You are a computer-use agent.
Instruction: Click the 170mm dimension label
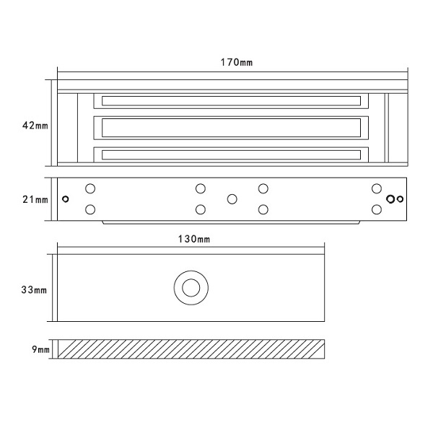(x=237, y=62)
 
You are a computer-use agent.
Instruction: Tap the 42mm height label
(x=35, y=126)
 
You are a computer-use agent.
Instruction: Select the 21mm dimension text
(x=35, y=199)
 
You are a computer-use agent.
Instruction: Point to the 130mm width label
(x=194, y=239)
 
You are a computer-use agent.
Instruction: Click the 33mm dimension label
(x=34, y=290)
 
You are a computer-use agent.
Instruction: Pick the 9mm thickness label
(x=40, y=349)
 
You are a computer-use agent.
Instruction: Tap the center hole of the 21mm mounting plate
(x=232, y=199)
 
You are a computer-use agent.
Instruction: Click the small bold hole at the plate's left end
(x=66, y=199)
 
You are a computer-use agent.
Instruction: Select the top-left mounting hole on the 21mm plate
(x=90, y=189)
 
